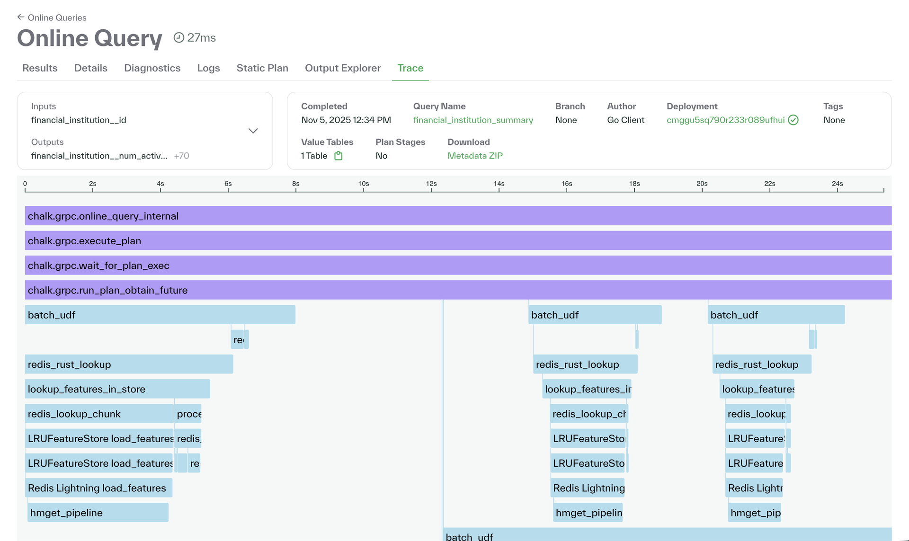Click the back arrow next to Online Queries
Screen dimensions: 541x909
click(x=20, y=17)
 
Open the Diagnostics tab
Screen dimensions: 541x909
click(x=152, y=68)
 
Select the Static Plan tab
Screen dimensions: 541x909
click(x=262, y=68)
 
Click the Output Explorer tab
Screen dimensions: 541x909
click(x=342, y=68)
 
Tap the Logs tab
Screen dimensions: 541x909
click(x=208, y=68)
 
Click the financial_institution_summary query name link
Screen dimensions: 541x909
click(x=473, y=120)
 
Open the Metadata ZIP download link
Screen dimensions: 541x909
click(x=475, y=156)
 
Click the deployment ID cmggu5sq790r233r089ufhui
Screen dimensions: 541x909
click(x=725, y=120)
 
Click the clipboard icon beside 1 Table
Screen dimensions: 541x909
click(x=338, y=156)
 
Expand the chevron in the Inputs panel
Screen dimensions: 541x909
click(x=253, y=131)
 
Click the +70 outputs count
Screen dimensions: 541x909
click(x=181, y=156)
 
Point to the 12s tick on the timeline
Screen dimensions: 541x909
click(x=431, y=189)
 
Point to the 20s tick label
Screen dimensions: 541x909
click(x=702, y=184)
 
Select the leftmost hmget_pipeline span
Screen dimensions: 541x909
click(x=98, y=513)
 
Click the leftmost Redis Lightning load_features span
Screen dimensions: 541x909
click(x=98, y=488)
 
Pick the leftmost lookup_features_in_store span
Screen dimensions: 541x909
click(x=117, y=389)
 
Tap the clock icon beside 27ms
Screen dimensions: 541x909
click(x=178, y=37)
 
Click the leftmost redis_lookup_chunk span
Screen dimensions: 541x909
click(x=99, y=414)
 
